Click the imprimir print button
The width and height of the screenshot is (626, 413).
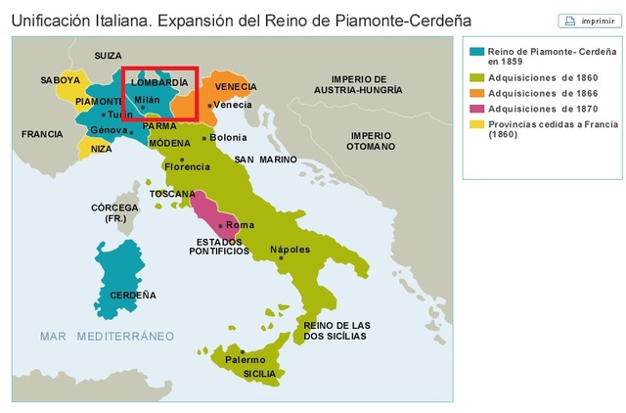click(x=581, y=21)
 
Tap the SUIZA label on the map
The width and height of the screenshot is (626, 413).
click(x=108, y=56)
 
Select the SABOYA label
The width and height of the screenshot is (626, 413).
click(x=61, y=79)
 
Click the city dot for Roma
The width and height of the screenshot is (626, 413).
click(x=222, y=225)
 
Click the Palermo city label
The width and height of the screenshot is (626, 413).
click(x=246, y=360)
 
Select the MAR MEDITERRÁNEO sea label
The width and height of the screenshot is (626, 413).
click(x=107, y=336)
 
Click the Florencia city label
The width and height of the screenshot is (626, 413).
click(x=188, y=166)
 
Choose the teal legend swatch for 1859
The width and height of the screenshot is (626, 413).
click(x=477, y=50)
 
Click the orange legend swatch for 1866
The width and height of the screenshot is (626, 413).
click(x=477, y=92)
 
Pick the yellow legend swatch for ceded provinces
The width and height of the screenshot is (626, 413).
click(x=477, y=124)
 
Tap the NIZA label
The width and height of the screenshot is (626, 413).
click(x=102, y=150)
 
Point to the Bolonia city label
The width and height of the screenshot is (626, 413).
click(x=229, y=138)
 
